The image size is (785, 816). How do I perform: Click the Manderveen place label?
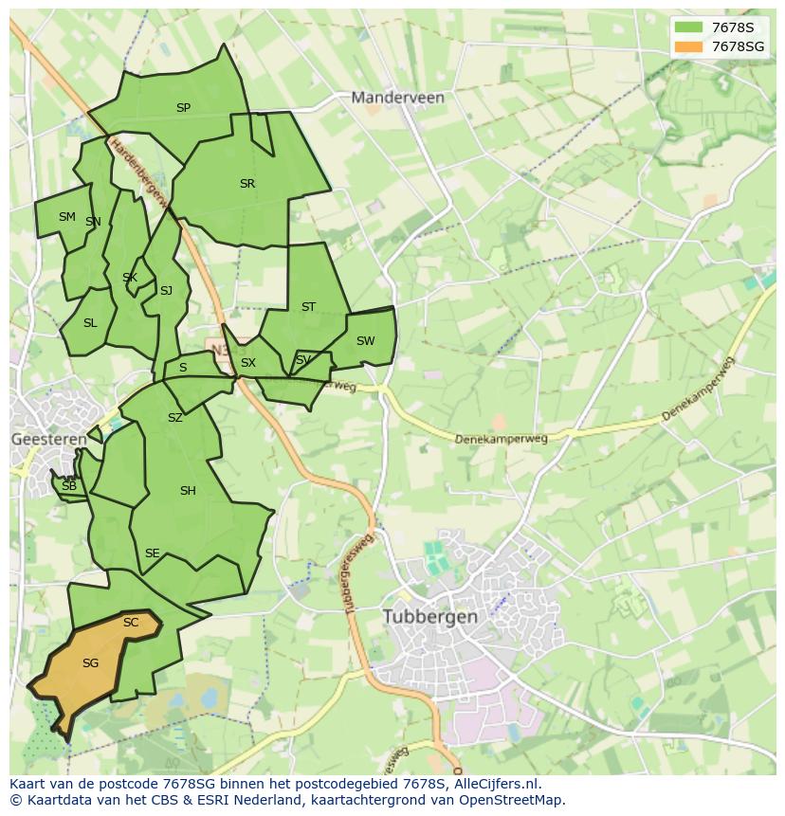(397, 97)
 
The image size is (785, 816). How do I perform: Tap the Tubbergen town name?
(429, 616)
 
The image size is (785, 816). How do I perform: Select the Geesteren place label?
(48, 439)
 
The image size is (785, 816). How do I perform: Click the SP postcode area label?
(183, 108)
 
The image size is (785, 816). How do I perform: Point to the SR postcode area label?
(247, 184)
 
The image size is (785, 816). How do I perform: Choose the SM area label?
(66, 217)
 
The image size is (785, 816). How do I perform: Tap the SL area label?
(90, 323)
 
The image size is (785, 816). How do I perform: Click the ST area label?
(308, 307)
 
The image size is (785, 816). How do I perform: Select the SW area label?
(365, 341)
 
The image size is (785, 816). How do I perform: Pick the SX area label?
(248, 363)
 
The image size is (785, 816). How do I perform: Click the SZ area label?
(174, 418)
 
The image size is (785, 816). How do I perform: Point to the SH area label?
(188, 491)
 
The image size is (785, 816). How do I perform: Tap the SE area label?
(152, 553)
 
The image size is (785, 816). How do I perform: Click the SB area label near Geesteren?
(68, 486)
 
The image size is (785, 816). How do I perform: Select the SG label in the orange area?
(90, 663)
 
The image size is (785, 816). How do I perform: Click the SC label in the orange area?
(131, 623)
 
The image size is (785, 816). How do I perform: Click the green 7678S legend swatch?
(689, 27)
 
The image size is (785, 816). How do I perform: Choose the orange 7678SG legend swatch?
(689, 46)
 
